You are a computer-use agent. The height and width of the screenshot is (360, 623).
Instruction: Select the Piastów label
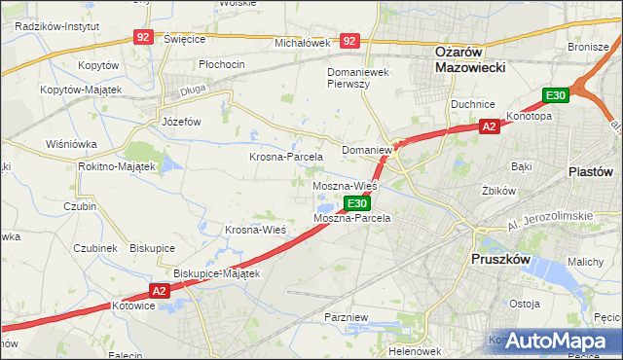tap(589, 171)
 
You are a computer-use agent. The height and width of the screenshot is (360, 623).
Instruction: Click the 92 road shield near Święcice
tap(144, 37)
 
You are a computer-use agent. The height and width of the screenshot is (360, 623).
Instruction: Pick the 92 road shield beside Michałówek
tap(350, 42)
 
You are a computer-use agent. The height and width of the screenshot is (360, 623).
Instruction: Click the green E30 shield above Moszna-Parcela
tap(357, 203)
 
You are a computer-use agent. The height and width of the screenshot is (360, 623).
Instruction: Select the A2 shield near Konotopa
tap(491, 126)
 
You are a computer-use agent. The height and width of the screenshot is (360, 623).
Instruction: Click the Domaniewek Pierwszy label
tap(362, 78)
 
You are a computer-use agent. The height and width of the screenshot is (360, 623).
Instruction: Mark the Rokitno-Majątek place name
tap(117, 166)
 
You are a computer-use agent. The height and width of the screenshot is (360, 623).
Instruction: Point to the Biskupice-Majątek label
tap(217, 273)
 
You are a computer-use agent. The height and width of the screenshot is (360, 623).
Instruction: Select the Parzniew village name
tap(347, 317)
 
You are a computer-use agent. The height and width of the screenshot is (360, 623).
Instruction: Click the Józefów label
tap(180, 123)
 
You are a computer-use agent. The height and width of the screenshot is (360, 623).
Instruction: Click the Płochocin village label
tap(221, 64)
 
